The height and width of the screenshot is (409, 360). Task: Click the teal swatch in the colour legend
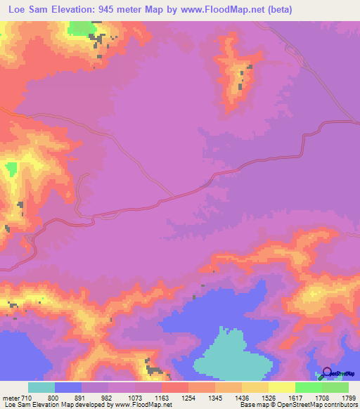(x=41, y=388)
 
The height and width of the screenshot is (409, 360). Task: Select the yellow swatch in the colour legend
(x=255, y=388)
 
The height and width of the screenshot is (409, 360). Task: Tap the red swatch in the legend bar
(x=175, y=388)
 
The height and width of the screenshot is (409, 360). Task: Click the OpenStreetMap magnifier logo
(x=326, y=373)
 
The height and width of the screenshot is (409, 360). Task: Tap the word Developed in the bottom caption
(x=82, y=404)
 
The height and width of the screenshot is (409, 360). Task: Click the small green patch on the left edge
(x=11, y=169)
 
